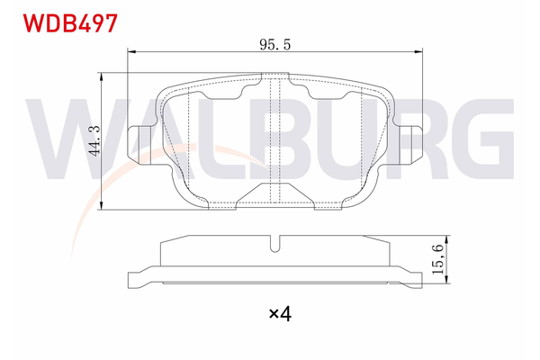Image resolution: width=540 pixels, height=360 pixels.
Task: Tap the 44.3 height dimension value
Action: coord(94,140)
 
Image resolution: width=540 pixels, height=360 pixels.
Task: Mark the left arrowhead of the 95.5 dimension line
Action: coord(131,53)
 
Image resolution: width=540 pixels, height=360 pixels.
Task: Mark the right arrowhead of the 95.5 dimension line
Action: coord(419,53)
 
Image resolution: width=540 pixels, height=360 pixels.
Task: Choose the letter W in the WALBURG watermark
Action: coord(67,139)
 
